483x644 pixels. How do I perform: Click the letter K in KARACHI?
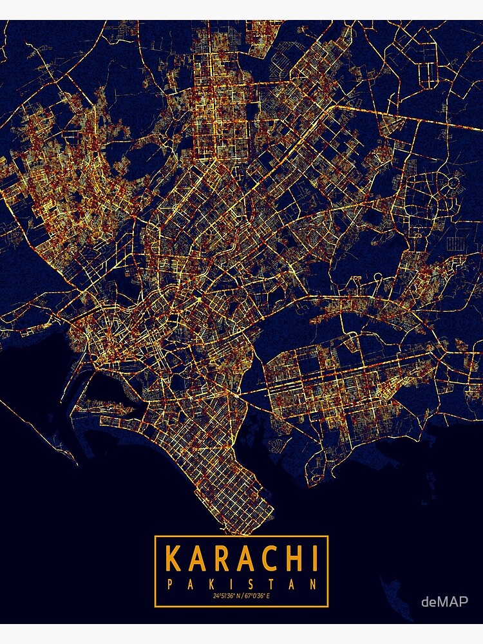click(x=173, y=559)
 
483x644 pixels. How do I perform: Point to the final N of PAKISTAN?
click(x=313, y=585)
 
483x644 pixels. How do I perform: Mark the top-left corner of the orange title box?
click(x=155, y=536)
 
